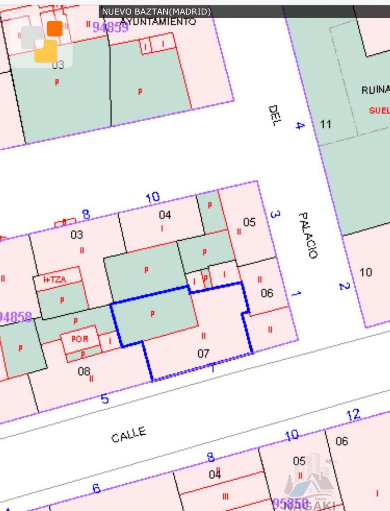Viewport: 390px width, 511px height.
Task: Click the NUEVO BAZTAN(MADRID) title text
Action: coord(156,11)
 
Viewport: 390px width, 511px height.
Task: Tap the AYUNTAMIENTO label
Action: coord(159,21)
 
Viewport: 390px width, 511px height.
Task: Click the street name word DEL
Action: coord(274,116)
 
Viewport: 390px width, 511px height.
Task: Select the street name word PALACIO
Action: coord(308,235)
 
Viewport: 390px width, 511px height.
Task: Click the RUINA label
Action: coord(375,90)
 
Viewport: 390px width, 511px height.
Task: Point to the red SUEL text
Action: coord(379,110)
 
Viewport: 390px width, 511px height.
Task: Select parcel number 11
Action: coord(326,124)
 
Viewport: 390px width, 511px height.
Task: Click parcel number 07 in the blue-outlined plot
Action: coord(204,353)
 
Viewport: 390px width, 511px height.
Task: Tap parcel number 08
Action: coord(83,371)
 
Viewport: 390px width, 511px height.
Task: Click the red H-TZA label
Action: coord(54,280)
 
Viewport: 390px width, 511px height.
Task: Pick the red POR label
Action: coord(79,339)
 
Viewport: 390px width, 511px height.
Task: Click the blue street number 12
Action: coord(352,415)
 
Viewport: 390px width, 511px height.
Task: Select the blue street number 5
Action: coord(105,399)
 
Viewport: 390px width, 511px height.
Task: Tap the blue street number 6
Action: coord(96,488)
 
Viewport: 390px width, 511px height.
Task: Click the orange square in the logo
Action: coord(55,29)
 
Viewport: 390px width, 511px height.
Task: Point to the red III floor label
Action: coord(225,496)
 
